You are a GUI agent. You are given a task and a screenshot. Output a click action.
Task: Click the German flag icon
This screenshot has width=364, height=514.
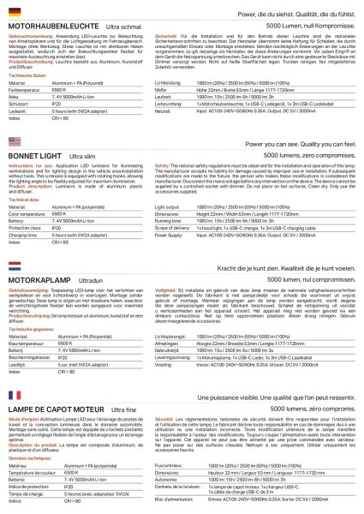[x=15, y=14]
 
